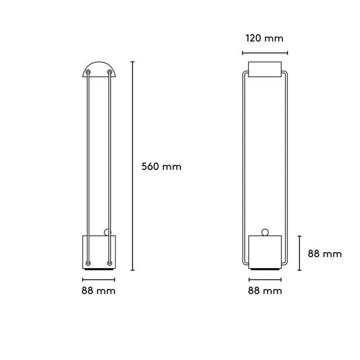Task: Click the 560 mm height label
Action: click(x=161, y=166)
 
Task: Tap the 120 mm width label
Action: click(x=265, y=38)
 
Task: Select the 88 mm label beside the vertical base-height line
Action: click(x=325, y=254)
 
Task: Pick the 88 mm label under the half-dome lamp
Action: click(x=99, y=291)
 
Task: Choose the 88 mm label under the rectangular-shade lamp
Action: click(x=265, y=291)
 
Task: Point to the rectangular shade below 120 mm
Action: click(x=265, y=69)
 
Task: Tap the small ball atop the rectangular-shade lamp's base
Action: click(x=265, y=232)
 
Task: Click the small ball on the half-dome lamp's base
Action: click(x=107, y=232)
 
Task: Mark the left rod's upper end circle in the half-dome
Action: click(x=89, y=73)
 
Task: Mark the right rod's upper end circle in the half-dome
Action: click(x=110, y=73)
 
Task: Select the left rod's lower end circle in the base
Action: click(x=89, y=263)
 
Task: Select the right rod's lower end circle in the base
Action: click(x=110, y=263)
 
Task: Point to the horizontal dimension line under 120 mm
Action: click(x=265, y=52)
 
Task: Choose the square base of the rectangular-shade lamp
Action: click(x=265, y=251)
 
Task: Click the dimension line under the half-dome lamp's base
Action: click(x=99, y=279)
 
